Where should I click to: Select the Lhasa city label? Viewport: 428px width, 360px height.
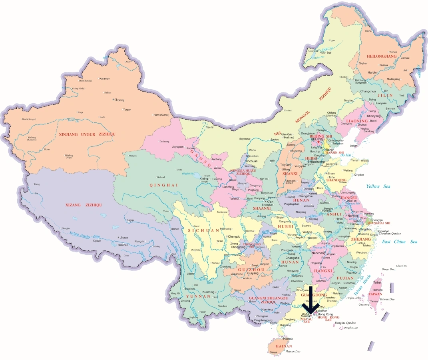[x=123, y=238]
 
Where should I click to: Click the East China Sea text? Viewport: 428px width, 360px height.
[x=399, y=242]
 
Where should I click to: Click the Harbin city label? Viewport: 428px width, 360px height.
[x=372, y=72]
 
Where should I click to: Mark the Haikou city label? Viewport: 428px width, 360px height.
[x=283, y=338]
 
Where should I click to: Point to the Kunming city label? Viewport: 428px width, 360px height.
[x=208, y=292]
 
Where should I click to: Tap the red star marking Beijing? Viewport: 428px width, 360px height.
[x=319, y=142]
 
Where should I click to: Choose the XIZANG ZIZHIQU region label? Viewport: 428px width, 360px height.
[x=84, y=205]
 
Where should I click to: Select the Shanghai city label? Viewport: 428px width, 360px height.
[x=377, y=220]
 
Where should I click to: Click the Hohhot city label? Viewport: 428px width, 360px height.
[x=289, y=138]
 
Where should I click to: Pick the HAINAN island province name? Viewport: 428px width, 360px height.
[x=284, y=346]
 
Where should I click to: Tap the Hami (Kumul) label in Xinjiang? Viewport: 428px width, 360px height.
[x=159, y=115]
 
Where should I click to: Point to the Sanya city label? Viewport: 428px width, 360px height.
[x=273, y=352]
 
